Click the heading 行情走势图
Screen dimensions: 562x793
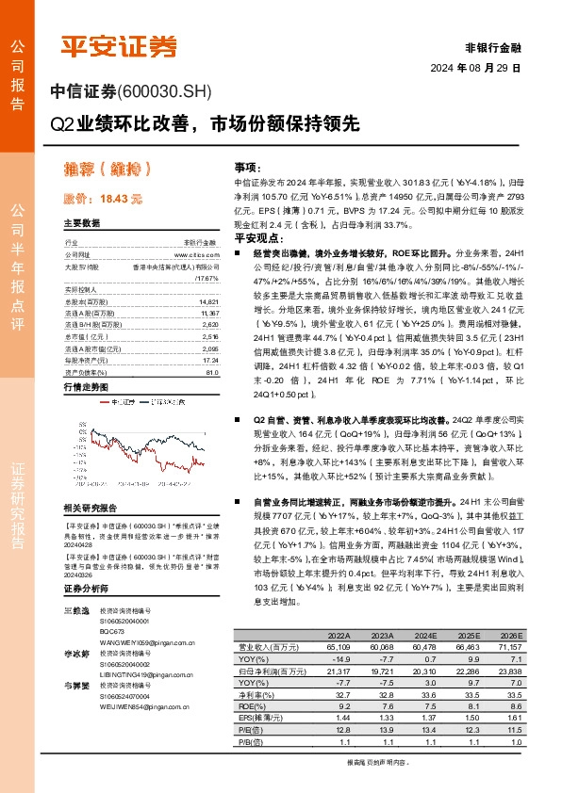(86, 361)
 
